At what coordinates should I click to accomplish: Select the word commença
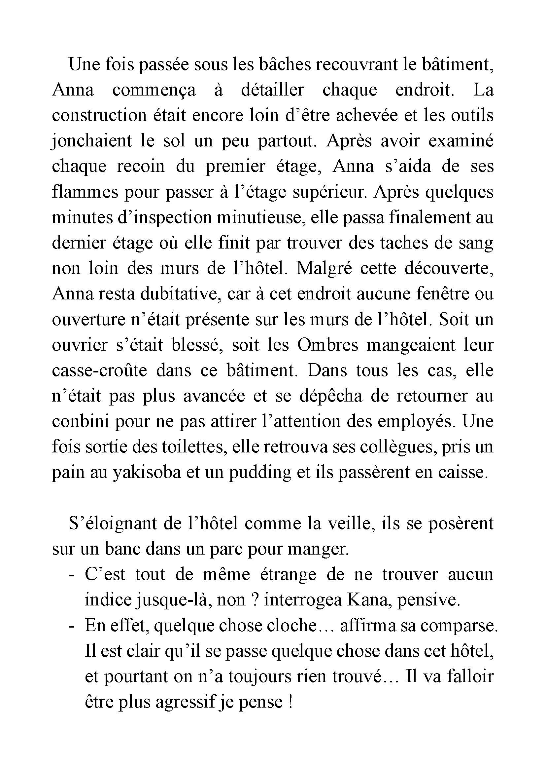pyautogui.click(x=154, y=90)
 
